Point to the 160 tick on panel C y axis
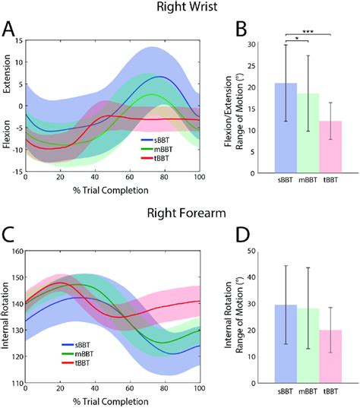coord(18,251)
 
